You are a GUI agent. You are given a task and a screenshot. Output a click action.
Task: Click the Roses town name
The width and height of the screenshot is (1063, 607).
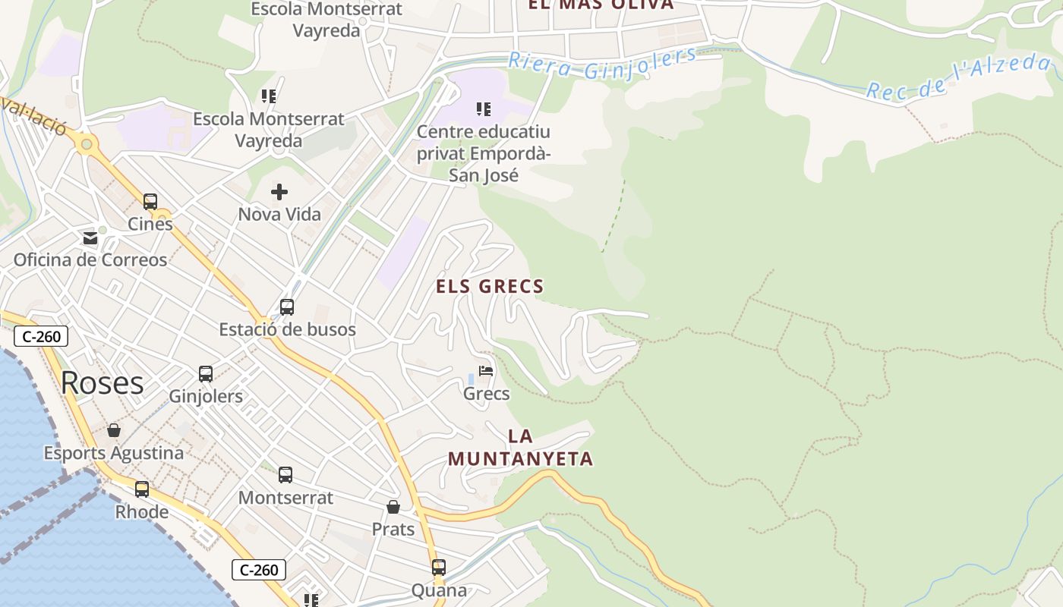(x=102, y=384)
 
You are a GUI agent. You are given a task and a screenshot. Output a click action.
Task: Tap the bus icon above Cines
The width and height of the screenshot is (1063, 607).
(x=150, y=202)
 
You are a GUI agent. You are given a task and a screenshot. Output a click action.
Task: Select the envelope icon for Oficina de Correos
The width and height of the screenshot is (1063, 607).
(x=90, y=238)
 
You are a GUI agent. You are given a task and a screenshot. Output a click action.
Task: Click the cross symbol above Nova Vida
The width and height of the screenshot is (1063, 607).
(x=279, y=192)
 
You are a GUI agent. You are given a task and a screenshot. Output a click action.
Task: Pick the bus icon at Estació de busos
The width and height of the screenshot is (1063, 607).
(x=287, y=307)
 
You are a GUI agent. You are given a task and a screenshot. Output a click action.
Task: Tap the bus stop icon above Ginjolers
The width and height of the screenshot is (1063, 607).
(x=206, y=374)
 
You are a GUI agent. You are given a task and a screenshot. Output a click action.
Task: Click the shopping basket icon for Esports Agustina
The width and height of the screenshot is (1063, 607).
(x=114, y=431)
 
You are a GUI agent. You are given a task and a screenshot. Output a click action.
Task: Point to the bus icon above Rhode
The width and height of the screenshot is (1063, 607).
(x=142, y=489)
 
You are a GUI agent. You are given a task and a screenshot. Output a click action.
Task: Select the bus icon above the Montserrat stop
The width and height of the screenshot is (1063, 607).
(x=285, y=475)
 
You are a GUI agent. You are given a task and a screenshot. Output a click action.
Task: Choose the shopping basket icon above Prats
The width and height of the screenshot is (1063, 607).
(x=393, y=507)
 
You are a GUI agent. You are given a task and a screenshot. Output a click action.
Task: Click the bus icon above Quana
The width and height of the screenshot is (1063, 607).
(x=439, y=568)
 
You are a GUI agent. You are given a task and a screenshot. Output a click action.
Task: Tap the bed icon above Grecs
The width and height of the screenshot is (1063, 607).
(x=486, y=372)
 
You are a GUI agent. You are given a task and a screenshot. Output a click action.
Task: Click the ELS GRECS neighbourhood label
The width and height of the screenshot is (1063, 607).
(x=490, y=287)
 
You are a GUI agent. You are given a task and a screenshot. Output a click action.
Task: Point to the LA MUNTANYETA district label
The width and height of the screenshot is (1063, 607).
(x=520, y=448)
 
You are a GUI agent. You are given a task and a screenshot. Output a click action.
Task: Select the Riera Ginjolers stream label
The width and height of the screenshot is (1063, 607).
(x=602, y=64)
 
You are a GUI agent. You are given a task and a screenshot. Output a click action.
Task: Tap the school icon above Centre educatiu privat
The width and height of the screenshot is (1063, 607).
(x=484, y=109)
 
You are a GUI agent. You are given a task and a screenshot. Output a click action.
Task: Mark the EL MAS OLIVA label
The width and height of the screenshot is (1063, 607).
(x=601, y=5)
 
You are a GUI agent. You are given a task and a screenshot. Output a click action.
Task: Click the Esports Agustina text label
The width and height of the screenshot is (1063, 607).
(x=114, y=453)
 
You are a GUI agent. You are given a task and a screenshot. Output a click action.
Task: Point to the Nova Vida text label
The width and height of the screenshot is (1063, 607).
(x=279, y=215)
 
